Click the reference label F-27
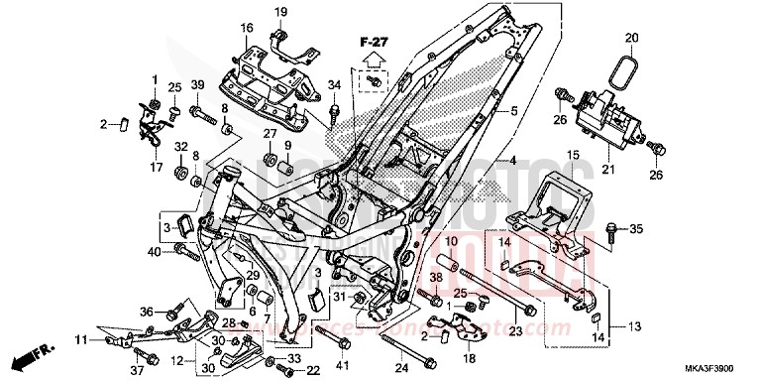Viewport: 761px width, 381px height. (x=371, y=43)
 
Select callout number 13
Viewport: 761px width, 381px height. (x=633, y=325)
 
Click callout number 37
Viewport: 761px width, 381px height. (x=138, y=371)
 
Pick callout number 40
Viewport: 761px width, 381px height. (x=154, y=250)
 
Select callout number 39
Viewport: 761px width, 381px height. (x=197, y=83)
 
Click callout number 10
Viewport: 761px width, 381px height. (x=448, y=241)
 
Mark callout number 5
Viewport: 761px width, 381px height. (x=515, y=113)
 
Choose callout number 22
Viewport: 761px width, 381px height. (x=313, y=370)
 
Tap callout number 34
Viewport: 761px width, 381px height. (x=334, y=84)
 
